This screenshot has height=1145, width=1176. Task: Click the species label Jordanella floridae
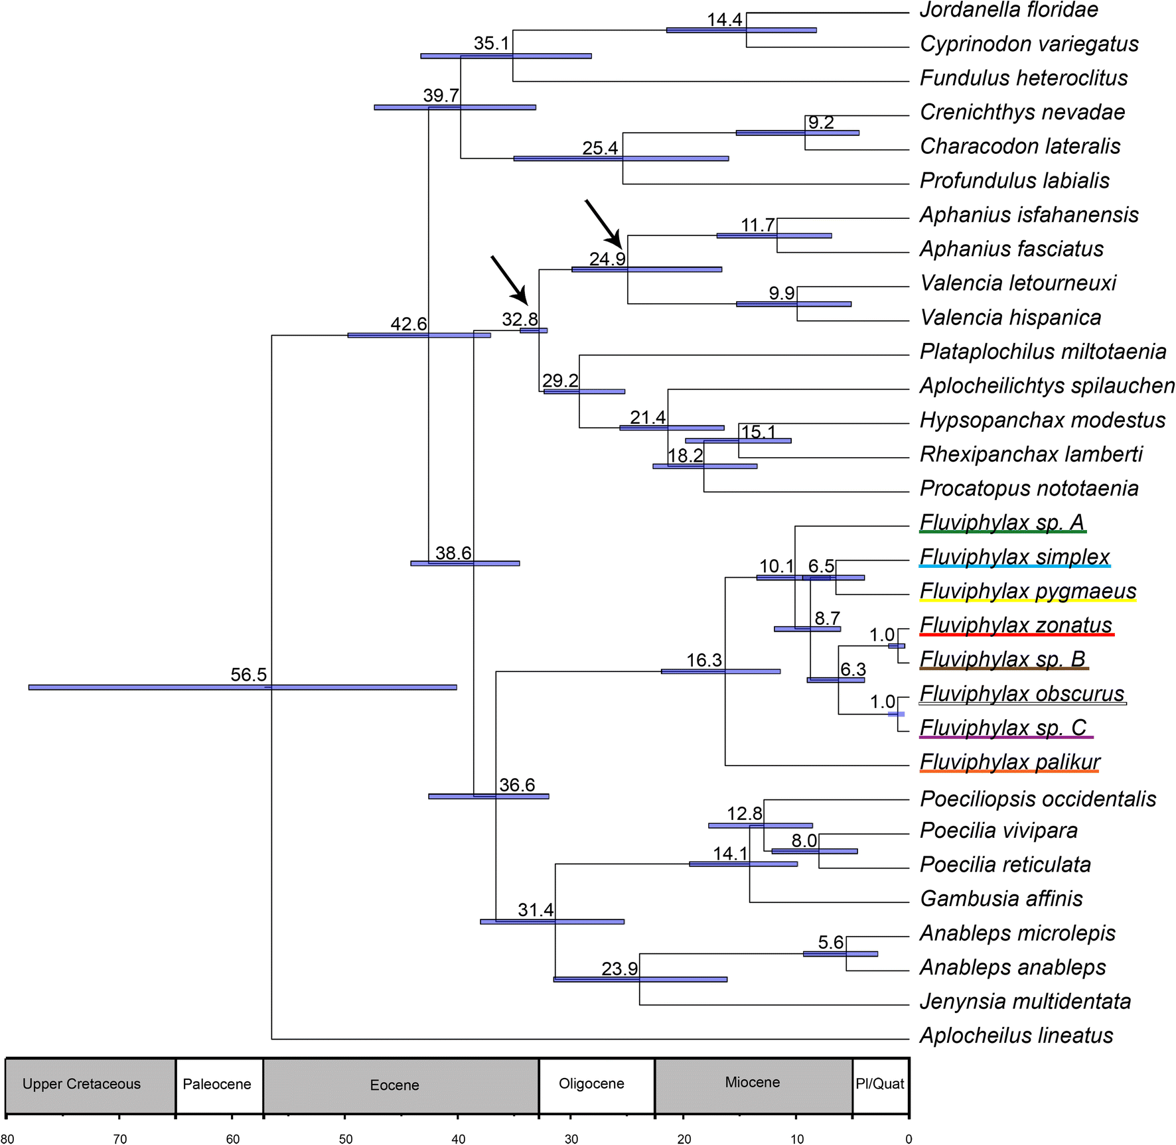tap(1008, 10)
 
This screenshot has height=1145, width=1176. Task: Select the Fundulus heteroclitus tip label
tap(1023, 78)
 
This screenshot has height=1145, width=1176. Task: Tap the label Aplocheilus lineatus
tap(1016, 1036)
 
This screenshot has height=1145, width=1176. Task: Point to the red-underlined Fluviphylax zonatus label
tap(1015, 626)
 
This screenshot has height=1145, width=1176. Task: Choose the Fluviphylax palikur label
tap(1009, 762)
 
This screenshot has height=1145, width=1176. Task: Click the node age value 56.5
tap(248, 675)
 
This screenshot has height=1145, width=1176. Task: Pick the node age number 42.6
tap(408, 324)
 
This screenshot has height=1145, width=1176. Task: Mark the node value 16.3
tap(703, 660)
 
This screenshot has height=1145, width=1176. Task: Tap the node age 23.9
tap(619, 969)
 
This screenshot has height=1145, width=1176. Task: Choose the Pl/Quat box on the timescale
tap(880, 1085)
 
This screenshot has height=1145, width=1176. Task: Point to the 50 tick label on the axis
tap(346, 1139)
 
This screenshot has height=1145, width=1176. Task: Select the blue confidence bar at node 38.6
tap(465, 563)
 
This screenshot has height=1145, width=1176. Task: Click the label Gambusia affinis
tap(1001, 899)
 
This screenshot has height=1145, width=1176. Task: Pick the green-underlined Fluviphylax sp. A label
tap(1002, 523)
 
